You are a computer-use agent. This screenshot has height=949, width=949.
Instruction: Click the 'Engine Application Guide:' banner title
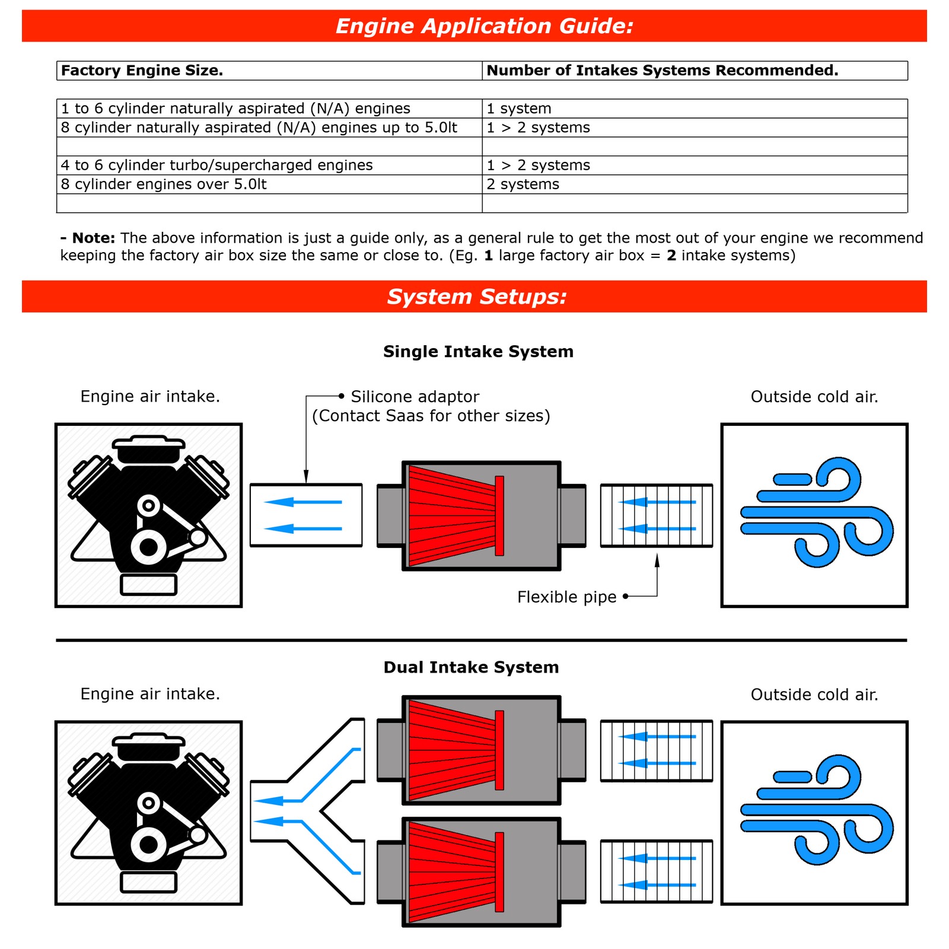coord(484,26)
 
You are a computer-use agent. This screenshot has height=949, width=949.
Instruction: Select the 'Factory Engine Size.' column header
coord(142,71)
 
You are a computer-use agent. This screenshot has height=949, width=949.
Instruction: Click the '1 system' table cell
coord(519,109)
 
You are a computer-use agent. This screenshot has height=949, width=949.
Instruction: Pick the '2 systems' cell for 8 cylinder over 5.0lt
coord(523,184)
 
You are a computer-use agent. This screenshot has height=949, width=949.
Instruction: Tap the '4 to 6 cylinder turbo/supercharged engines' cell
coord(216,165)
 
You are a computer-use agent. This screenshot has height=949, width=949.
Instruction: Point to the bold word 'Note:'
coord(93,238)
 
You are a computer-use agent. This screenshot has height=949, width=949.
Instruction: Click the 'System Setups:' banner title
coord(476,297)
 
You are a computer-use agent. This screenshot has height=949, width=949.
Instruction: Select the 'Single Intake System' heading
coord(478,352)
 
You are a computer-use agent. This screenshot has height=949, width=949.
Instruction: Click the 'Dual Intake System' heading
coord(471,667)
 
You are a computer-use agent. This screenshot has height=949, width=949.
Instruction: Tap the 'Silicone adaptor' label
coord(415,397)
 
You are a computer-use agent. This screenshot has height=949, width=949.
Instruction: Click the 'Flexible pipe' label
coord(566,597)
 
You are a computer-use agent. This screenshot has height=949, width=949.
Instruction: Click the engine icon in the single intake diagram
coord(148,515)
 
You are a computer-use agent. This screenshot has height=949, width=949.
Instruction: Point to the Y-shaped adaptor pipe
coord(308,811)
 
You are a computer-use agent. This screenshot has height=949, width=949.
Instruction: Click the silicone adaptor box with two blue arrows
coord(306,515)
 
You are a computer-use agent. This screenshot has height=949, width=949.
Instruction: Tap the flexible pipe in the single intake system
coord(656,515)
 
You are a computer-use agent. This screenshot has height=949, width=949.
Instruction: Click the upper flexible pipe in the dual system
coord(656,750)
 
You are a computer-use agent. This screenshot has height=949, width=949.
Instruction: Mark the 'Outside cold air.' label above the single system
coord(814,397)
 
